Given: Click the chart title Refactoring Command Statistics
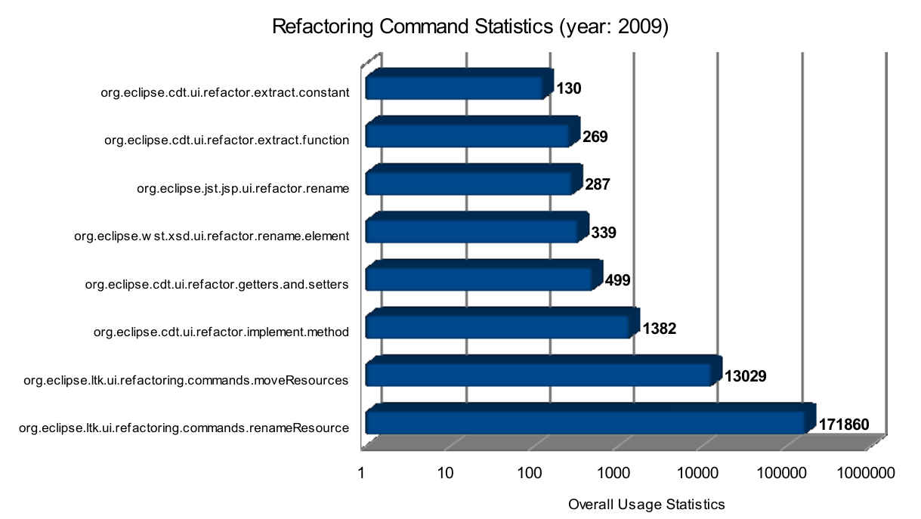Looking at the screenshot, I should coord(470,27).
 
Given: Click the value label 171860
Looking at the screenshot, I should coord(844,425).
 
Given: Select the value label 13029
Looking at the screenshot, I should coord(746,375).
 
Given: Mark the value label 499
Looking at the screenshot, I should coord(617,281).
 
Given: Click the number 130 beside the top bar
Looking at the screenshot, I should coord(569,89).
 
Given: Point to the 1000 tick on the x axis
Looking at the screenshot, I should coord(613,474).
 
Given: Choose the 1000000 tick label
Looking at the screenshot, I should coord(866,474).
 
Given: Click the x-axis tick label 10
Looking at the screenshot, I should coord(445,474).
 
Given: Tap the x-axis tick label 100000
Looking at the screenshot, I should coord(780,474).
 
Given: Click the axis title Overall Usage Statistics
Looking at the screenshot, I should coord(646,504).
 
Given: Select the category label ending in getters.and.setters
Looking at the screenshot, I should coord(217,285).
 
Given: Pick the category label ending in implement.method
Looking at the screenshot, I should coord(221,332).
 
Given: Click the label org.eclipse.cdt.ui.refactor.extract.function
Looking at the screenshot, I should coord(227,140).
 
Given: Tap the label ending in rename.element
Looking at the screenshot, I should coord(212,236).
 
